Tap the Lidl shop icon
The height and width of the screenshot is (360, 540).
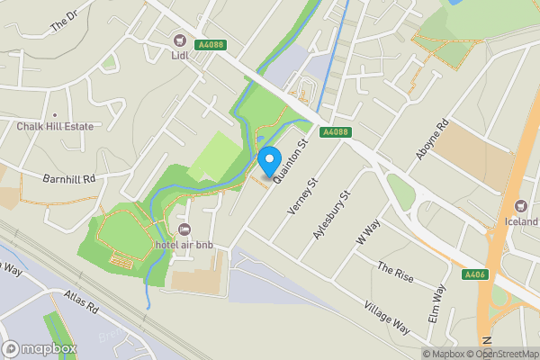point(179,40)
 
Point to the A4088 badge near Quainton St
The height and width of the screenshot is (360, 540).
point(335,132)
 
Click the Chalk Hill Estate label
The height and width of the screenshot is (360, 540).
point(55,127)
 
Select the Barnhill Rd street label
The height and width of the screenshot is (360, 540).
point(69,178)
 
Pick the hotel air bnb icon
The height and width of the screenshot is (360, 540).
point(185,230)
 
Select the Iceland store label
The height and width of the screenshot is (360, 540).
point(521,221)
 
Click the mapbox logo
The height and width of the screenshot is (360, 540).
point(40,348)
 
